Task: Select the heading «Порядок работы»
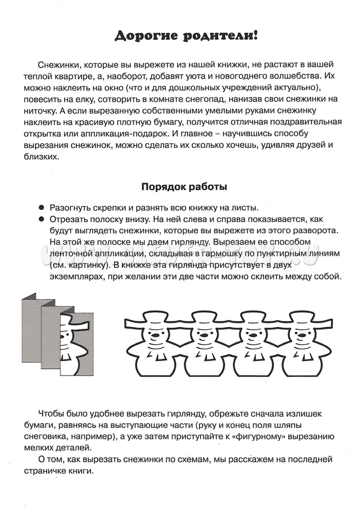coord(184,187)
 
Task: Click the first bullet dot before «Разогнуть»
coord(42,207)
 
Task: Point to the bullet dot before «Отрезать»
coord(42,219)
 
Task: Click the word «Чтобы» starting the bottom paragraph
coord(52,413)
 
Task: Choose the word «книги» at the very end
coord(81,470)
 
